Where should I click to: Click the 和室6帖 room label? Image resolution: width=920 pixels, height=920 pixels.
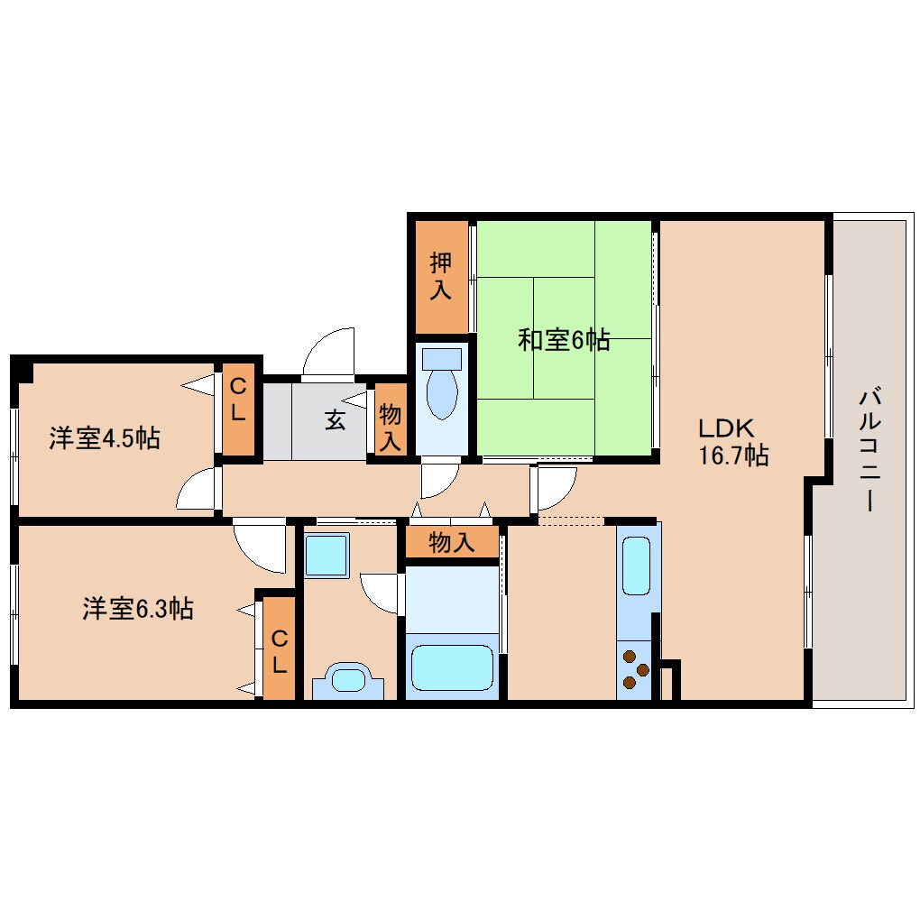564,341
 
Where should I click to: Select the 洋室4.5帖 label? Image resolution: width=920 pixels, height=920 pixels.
105,439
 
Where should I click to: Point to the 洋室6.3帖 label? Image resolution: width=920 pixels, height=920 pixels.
137,609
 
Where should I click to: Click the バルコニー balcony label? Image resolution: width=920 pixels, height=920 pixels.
869,448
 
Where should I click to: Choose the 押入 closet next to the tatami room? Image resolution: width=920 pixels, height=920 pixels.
441,276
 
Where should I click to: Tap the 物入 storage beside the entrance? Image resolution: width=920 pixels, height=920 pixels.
390,428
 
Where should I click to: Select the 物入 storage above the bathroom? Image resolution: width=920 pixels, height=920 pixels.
451,543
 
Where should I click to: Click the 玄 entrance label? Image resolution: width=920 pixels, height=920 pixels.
335,420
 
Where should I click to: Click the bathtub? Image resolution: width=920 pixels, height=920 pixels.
452,666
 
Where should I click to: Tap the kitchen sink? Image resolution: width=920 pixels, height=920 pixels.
637,566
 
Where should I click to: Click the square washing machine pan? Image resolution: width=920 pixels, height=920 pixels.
326,556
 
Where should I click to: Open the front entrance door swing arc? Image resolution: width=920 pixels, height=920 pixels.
328,350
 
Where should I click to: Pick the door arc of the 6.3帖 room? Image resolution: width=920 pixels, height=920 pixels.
259,547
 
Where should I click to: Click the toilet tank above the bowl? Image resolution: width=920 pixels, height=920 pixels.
442,358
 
